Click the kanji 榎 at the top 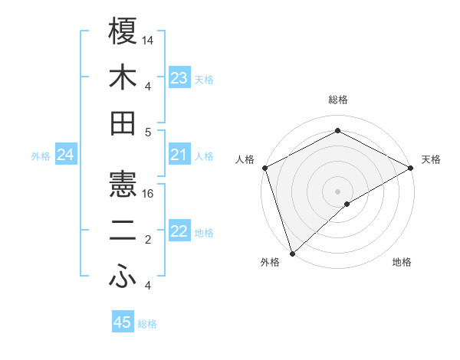pos(123,31)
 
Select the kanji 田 pos(123,123)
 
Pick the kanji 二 pos(123,232)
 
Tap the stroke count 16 pos(149,195)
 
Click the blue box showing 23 pos(179,78)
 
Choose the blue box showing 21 pos(179,155)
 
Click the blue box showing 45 pos(123,323)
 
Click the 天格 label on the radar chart pos(432,159)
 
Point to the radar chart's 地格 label pos(402,263)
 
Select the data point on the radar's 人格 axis pos(264,167)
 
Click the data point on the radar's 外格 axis pos(291,253)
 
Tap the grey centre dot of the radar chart pos(337,191)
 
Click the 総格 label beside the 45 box pos(147,324)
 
